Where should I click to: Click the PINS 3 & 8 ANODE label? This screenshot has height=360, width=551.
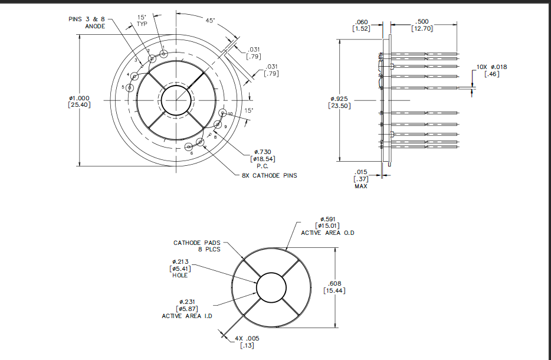(x=87, y=22)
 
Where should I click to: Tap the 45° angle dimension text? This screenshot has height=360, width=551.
(x=210, y=20)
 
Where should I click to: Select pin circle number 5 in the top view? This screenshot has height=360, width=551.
(x=130, y=87)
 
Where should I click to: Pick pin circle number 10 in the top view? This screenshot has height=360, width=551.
(x=223, y=113)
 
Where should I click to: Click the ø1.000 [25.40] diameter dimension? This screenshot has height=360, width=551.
(x=79, y=102)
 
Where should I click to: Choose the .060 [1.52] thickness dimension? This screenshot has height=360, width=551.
(x=362, y=25)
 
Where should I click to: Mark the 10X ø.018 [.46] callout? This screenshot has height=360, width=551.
(x=491, y=70)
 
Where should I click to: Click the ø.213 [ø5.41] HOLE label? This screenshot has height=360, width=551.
(x=180, y=269)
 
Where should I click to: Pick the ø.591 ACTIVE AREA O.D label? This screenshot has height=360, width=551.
(x=327, y=225)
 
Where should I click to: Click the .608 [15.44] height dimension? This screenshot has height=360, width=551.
(x=334, y=286)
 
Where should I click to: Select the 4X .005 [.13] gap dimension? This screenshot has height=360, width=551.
(x=247, y=342)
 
